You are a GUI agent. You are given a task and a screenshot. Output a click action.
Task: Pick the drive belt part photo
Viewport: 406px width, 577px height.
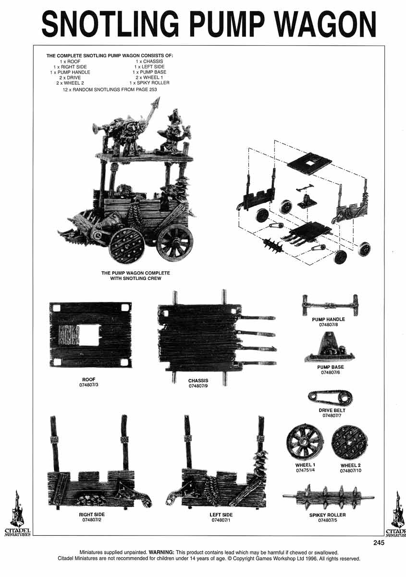pos(329,398)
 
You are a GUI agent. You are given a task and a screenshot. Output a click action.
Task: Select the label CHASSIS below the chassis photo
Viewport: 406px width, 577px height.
pos(198,380)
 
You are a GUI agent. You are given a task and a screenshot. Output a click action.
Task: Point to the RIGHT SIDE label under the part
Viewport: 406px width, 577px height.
pos(91,514)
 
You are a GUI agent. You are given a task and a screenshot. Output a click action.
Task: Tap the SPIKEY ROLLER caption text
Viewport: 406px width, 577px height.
pos(328,514)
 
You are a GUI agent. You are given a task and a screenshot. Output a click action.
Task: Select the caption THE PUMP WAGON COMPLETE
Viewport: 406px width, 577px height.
pos(135,273)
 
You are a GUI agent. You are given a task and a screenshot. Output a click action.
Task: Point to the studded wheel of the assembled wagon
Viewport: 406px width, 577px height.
pos(126,245)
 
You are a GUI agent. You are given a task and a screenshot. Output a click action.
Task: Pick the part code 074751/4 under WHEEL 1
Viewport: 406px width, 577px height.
pos(305,471)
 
